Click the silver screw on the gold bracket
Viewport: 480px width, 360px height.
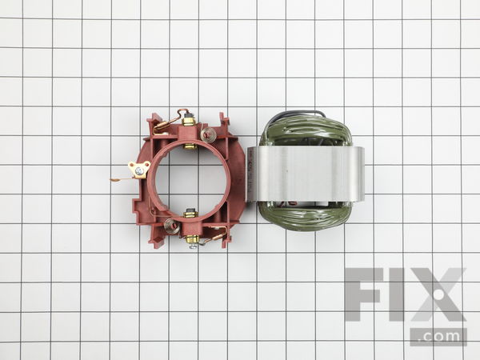coord(139,171)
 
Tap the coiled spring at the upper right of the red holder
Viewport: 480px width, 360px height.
coord(209,134)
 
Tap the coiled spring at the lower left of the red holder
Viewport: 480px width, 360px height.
coord(171,226)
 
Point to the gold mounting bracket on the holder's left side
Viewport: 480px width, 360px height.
coord(139,170)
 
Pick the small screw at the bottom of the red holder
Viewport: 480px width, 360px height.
coord(192,246)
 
